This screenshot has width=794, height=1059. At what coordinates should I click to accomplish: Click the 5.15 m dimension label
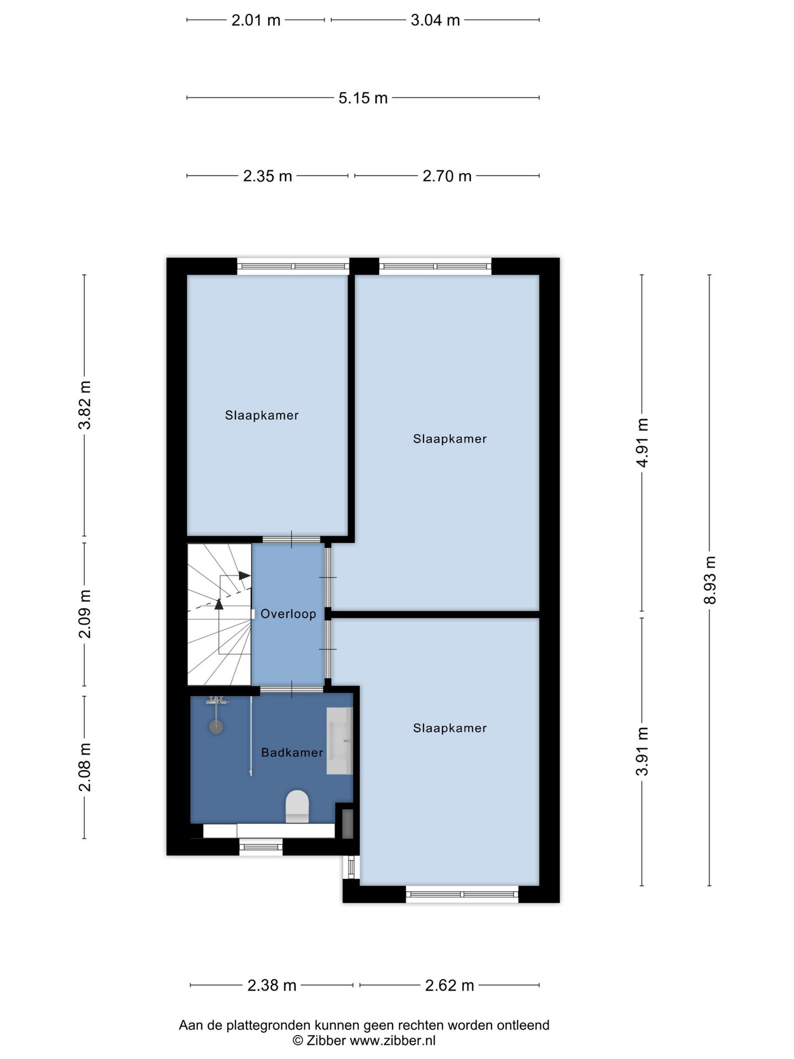point(363,98)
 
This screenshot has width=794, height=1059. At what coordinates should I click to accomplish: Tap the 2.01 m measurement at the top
point(256,20)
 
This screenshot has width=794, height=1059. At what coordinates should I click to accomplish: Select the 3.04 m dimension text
point(435,20)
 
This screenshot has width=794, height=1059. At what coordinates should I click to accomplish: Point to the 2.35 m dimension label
point(267,176)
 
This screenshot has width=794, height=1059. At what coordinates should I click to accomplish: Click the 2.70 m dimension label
point(447,176)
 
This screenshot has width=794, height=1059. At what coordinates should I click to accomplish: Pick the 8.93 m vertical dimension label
point(710,580)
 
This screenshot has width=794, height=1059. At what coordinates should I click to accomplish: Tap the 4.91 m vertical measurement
point(642,442)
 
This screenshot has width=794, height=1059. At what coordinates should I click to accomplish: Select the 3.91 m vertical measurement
point(642,751)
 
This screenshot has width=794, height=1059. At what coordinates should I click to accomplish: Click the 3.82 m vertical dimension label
point(84,405)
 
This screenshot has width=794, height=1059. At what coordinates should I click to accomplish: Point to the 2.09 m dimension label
point(84,614)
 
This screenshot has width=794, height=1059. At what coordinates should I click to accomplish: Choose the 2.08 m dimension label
point(84,767)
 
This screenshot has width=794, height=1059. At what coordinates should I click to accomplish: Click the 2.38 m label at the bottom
point(272,986)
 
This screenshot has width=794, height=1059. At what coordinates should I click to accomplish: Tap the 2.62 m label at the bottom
point(449,986)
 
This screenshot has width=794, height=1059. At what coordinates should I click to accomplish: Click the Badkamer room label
point(292,752)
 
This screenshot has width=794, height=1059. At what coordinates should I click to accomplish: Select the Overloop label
point(288,614)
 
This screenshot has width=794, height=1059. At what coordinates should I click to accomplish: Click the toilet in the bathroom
point(297,806)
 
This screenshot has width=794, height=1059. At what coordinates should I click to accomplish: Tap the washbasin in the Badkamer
point(340,741)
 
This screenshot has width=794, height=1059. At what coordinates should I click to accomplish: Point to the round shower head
point(216,726)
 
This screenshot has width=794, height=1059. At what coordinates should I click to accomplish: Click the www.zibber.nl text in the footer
point(393,1040)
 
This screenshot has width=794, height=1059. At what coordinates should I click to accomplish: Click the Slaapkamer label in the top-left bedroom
point(262,415)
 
